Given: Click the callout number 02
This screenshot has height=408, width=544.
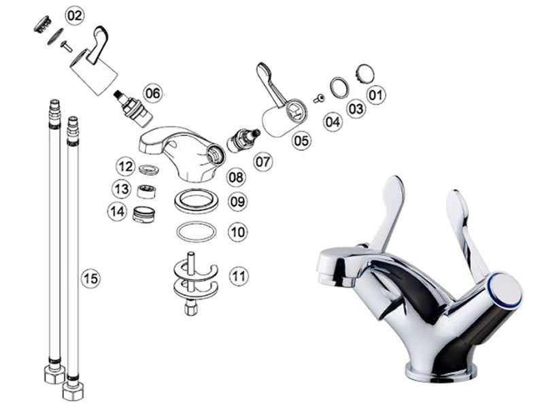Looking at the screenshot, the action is click(x=75, y=16).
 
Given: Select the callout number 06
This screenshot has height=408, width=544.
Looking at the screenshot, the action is click(x=153, y=94).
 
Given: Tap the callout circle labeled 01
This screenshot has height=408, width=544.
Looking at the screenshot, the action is click(x=376, y=95).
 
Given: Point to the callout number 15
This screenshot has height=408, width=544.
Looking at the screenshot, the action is click(x=91, y=278).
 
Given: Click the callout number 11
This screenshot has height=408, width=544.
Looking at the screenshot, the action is click(x=239, y=276).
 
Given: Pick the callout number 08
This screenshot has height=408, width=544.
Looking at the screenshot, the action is click(x=236, y=177).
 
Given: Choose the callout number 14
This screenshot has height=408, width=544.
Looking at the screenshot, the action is click(x=118, y=211).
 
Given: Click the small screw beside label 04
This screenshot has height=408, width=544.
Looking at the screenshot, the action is click(x=319, y=99).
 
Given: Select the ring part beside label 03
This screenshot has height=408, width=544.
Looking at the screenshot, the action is click(x=339, y=88).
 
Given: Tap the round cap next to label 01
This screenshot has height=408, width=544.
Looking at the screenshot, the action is click(x=364, y=73).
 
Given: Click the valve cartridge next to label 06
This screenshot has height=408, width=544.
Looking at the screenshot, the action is click(x=133, y=108).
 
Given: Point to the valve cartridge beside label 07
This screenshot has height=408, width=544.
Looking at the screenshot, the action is click(x=243, y=140).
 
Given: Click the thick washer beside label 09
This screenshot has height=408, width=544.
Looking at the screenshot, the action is click(x=197, y=201).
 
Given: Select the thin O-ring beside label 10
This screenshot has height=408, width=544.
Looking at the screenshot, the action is click(x=197, y=232).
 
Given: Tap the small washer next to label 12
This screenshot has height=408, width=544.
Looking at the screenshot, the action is click(x=149, y=169).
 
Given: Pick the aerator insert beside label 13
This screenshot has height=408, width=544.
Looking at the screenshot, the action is click(x=146, y=191).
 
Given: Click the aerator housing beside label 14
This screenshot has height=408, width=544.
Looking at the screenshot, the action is click(x=144, y=214).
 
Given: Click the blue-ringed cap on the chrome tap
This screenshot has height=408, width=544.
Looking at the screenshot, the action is click(x=506, y=290).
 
